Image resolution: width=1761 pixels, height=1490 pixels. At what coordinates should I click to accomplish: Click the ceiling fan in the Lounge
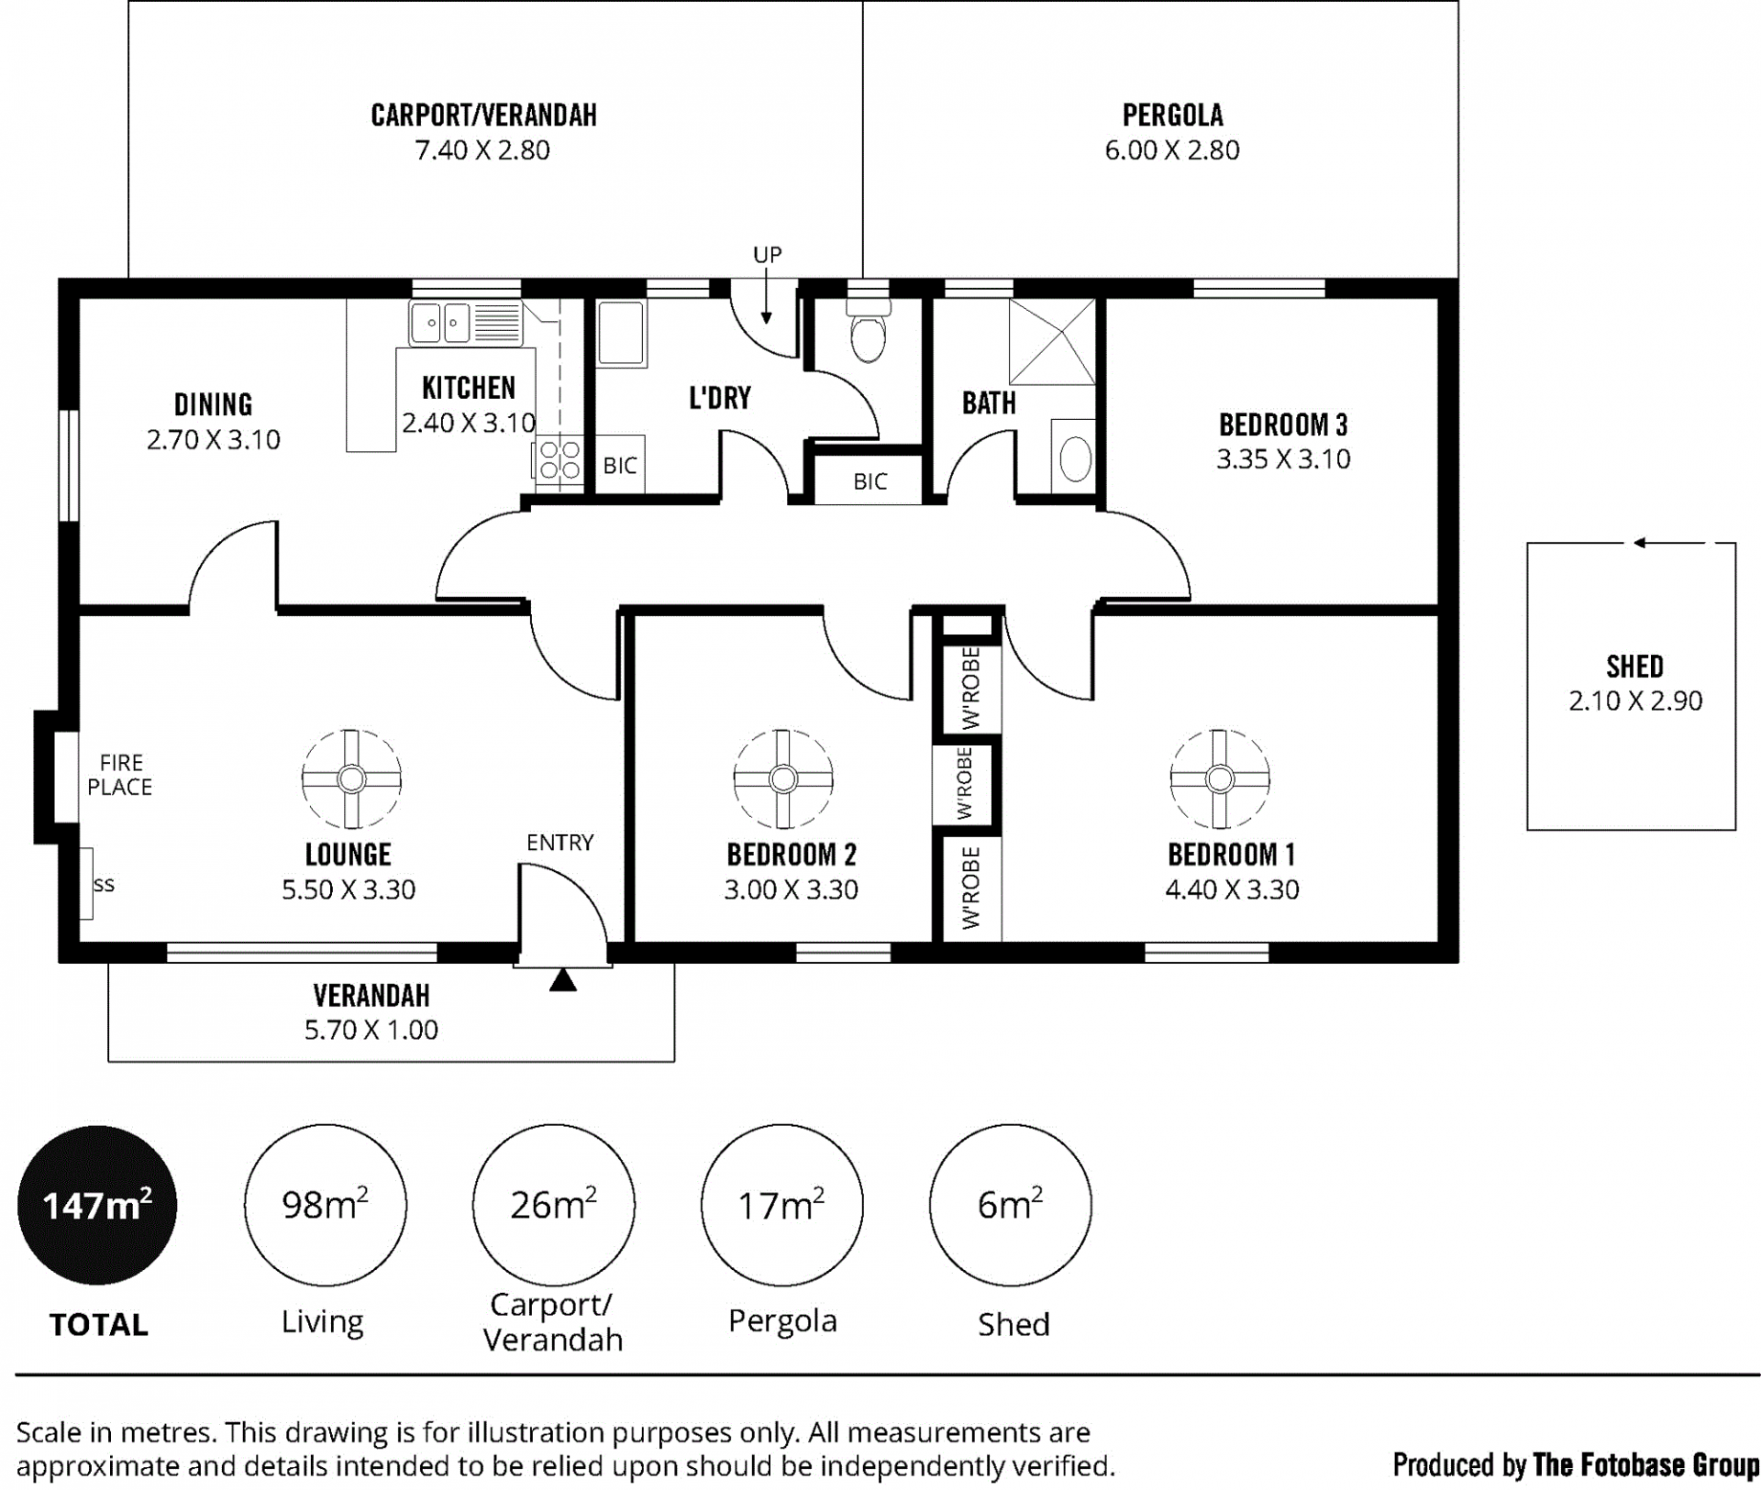point(351,778)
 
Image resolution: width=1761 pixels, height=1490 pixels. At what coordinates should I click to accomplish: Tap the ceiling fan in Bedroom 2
point(783,778)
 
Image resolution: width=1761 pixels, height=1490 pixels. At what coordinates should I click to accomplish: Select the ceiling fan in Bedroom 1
point(1220,778)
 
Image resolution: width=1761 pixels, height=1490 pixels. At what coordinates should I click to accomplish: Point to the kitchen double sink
point(466,323)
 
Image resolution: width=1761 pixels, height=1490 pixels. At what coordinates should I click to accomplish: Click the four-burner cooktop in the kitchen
point(559,458)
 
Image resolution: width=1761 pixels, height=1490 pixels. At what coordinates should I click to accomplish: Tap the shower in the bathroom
point(1052,341)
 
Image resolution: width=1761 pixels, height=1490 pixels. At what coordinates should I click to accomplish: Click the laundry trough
point(622,334)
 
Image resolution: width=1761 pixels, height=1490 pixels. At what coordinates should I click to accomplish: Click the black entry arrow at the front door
point(563,980)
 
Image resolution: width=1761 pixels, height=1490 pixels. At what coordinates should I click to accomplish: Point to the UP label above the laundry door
point(768,254)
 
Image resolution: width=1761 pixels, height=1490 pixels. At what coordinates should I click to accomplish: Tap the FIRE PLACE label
point(120,775)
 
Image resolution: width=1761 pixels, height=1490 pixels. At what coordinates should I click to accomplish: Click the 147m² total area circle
point(97,1205)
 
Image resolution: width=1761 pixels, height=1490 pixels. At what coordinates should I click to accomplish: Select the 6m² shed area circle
point(1011,1205)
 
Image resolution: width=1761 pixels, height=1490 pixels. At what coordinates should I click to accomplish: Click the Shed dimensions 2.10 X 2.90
point(1635,701)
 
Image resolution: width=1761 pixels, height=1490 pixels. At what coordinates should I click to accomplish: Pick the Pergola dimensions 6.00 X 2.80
point(1172,150)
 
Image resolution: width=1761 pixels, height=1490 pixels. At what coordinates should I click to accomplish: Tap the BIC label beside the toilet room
point(870,481)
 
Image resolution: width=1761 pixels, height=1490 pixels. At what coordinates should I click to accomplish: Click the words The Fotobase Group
point(1645,1464)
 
